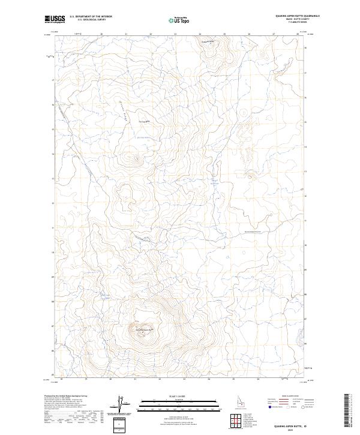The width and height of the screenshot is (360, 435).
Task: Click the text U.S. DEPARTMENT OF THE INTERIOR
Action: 91,17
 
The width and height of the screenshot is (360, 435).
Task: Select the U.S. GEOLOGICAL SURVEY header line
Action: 91,20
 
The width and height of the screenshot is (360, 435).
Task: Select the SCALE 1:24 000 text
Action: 178,395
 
